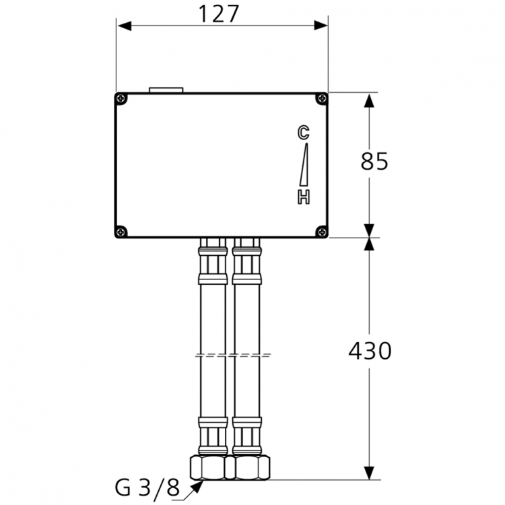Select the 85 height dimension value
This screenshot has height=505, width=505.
pos(374,162)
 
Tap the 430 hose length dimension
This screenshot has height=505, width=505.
pos(370,351)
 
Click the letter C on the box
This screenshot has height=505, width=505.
pos(304,133)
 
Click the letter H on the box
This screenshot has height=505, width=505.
pos(304,197)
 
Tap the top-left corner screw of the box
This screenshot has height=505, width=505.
pos(122,100)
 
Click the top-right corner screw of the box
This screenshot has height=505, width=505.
pos(321,100)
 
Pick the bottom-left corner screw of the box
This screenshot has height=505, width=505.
pos(122,231)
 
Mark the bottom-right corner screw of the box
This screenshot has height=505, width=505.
pos(321,231)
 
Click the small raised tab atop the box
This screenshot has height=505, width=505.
pos(166,89)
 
